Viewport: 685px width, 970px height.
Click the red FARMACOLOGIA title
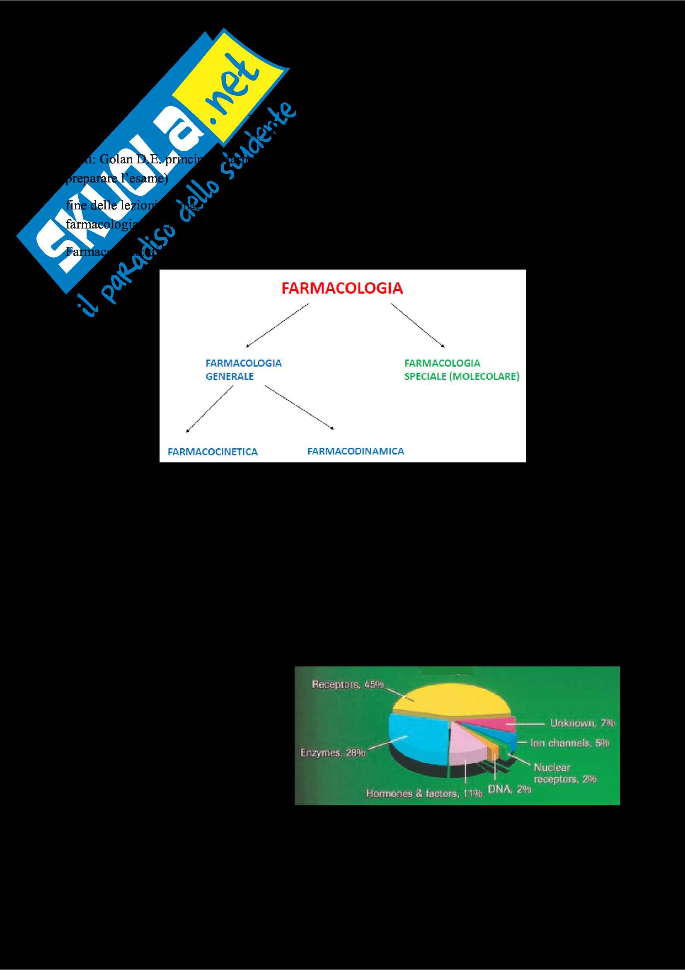point(342,289)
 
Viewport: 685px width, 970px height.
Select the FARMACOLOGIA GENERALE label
point(243,370)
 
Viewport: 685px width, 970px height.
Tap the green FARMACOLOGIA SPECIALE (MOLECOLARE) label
point(461,370)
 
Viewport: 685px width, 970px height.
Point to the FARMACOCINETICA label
point(213,452)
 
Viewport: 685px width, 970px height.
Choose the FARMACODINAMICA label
point(356,451)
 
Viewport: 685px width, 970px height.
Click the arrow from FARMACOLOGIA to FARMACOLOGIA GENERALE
point(277,325)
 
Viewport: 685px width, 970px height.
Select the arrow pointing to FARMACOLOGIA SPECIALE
point(417,325)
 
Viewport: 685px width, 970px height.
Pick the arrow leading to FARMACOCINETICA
point(210,409)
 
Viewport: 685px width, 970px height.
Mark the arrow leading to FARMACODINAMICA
point(299,407)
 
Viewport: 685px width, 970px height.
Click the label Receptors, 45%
point(347,685)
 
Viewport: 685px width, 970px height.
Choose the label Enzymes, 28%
point(333,753)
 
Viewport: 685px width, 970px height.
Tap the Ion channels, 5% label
point(569,743)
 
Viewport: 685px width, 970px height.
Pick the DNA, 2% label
point(509,789)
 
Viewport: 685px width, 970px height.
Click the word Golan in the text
point(116,159)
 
